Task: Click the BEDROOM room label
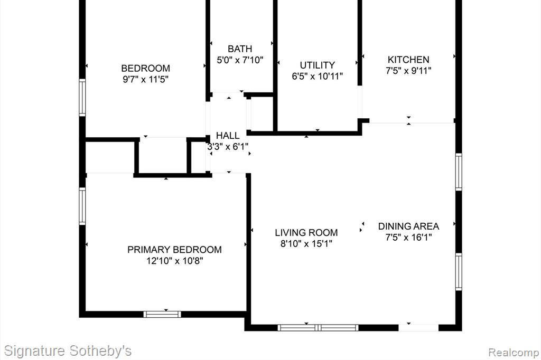tap(146, 68)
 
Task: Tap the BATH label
tap(240, 49)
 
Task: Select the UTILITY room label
tap(317, 65)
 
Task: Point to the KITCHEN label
tap(408, 60)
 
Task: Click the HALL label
tap(228, 136)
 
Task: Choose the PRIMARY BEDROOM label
tap(174, 250)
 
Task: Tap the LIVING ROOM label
tap(306, 233)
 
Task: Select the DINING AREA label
tap(408, 226)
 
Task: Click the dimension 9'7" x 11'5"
tap(146, 80)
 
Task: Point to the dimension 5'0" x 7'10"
tap(240, 60)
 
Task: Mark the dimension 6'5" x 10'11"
tap(317, 76)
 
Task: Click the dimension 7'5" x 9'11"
tap(408, 71)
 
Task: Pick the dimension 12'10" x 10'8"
tap(174, 261)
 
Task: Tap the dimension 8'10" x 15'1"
tap(306, 244)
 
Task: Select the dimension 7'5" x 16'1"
tap(408, 238)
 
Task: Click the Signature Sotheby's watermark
tap(68, 351)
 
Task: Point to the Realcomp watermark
tap(514, 353)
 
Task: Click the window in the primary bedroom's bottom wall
tap(162, 314)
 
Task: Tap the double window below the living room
tap(318, 328)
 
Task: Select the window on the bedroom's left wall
tap(82, 98)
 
